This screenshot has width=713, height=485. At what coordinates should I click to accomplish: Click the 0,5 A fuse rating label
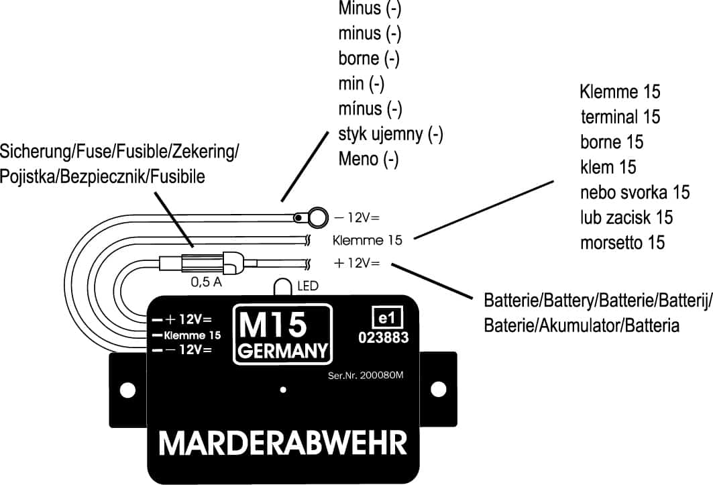[x=207, y=282]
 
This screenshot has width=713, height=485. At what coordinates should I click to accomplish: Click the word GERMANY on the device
[x=282, y=351]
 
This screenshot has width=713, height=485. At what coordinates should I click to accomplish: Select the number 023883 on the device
[x=384, y=338]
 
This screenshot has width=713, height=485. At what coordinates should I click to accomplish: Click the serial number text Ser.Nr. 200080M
[x=367, y=376]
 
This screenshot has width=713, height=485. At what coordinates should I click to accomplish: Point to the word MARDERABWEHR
[x=282, y=444]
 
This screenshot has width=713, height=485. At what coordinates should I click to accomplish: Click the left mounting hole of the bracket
[x=123, y=389]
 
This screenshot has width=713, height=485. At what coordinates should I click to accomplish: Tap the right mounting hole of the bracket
[x=438, y=389]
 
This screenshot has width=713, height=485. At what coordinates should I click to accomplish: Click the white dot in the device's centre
[x=284, y=389]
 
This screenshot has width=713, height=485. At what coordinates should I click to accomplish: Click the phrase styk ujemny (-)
[x=390, y=134]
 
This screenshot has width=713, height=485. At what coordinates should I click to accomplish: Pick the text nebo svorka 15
[x=635, y=193]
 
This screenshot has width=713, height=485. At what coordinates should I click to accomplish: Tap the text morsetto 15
[x=622, y=242]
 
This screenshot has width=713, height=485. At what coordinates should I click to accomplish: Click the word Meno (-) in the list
[x=368, y=160]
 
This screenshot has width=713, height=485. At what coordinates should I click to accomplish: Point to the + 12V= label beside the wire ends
[x=356, y=264]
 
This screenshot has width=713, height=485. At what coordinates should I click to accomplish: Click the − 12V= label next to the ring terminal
[x=356, y=217]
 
